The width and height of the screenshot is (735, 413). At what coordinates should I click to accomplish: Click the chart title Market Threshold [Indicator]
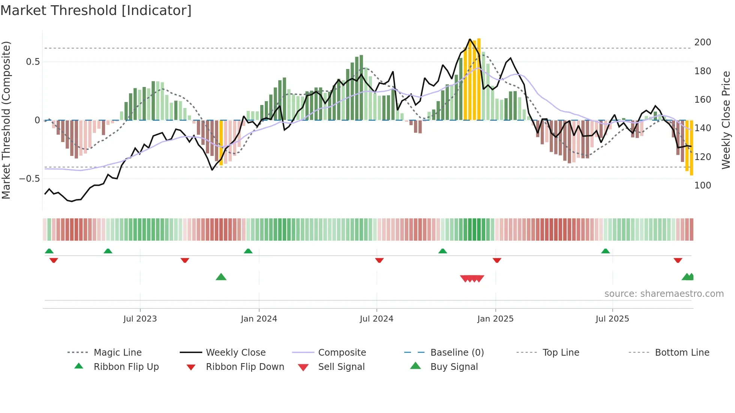96,10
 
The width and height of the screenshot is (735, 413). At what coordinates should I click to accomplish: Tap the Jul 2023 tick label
140,319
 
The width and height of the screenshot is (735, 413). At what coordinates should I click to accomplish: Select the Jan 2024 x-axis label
259,319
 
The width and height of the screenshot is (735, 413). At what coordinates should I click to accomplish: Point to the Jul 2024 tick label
376,319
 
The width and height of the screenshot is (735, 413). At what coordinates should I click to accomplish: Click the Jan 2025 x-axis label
495,319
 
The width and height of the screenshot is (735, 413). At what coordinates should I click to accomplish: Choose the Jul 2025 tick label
612,319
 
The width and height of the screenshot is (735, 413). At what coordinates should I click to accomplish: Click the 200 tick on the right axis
702,42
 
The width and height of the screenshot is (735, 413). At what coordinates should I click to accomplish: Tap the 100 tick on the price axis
702,186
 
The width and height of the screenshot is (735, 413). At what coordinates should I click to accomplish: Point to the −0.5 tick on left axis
30,179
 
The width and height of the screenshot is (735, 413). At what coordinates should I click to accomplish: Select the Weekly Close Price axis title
726,120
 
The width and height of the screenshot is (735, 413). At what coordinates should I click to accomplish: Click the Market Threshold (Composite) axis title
6,120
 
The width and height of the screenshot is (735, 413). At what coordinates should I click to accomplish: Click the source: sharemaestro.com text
664,294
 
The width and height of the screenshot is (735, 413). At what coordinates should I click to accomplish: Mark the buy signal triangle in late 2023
221,277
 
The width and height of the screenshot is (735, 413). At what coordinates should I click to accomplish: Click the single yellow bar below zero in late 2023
221,142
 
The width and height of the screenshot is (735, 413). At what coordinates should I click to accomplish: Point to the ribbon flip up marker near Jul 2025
605,251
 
